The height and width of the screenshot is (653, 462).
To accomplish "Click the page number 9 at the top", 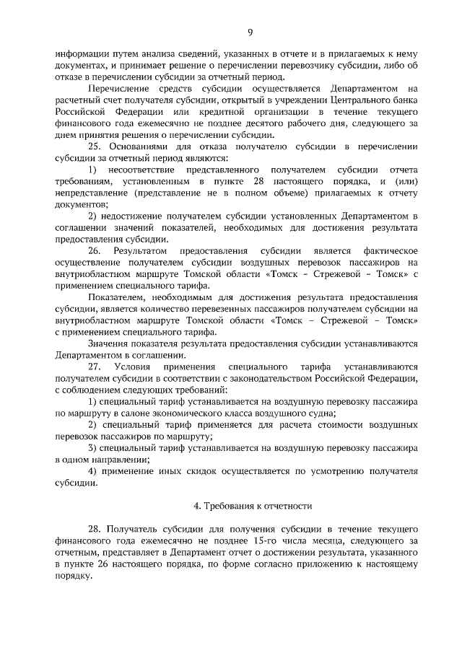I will click(x=249, y=32).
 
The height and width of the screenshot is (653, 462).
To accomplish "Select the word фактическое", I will click(x=385, y=251).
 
